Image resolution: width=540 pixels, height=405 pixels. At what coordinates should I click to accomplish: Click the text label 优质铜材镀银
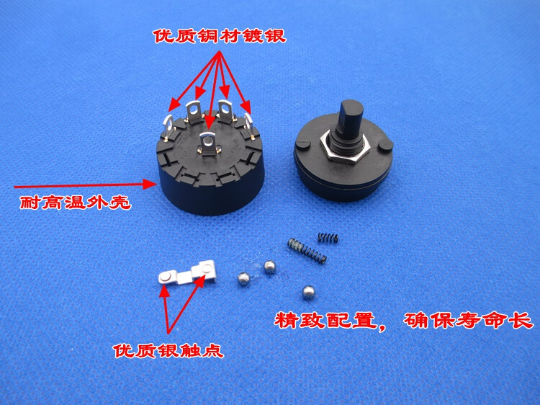220,36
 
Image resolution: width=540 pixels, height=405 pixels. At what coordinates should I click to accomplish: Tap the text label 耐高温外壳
76,202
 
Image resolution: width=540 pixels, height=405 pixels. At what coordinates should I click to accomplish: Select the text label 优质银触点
168,351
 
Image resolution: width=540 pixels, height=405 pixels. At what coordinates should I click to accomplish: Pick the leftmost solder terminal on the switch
168,127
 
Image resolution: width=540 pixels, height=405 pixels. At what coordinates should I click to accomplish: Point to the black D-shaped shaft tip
351,111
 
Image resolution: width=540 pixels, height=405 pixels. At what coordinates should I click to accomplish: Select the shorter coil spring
328,237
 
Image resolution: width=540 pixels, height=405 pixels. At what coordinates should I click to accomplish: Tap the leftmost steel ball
244,279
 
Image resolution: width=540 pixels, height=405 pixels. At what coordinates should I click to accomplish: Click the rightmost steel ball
309,293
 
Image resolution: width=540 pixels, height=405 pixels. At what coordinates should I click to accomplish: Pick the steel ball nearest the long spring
270,267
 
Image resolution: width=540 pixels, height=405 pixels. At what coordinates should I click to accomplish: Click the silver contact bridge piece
187,272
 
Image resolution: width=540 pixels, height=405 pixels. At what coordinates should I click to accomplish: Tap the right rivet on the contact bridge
207,269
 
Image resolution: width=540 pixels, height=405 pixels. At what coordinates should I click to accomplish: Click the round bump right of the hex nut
385,145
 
